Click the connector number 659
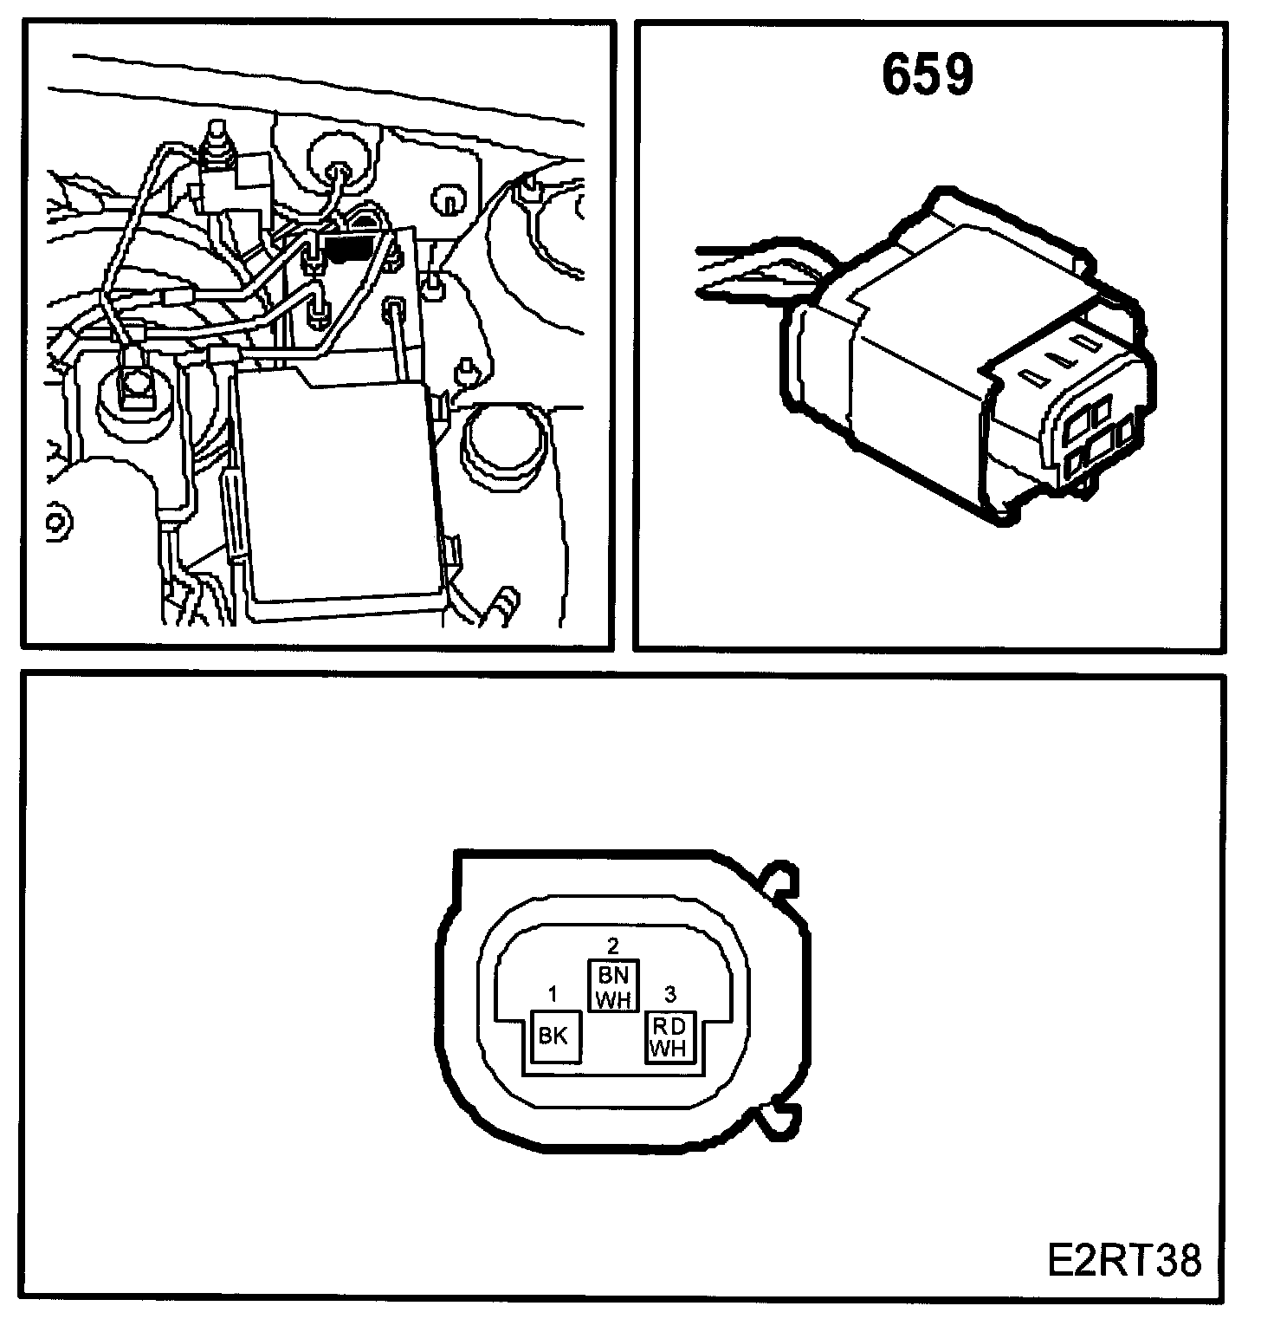928,75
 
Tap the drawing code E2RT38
1124,1261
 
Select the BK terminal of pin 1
553,1035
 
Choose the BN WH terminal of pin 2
613,984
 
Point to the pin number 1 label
552,991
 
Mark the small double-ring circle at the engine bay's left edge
56,523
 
